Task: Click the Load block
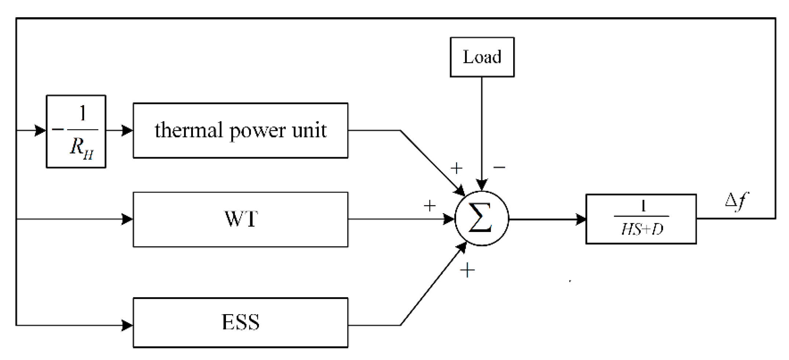click(x=482, y=57)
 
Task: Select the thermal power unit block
click(x=240, y=130)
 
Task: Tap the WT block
click(x=240, y=219)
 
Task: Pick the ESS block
click(x=240, y=322)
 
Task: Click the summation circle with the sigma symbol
click(x=481, y=218)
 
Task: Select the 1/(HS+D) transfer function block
click(x=641, y=219)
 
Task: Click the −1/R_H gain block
click(x=76, y=131)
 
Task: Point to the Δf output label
click(x=737, y=201)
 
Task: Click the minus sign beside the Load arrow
click(x=499, y=167)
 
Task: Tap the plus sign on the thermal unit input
click(x=456, y=168)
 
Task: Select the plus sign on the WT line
click(x=430, y=206)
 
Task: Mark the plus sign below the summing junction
click(x=467, y=270)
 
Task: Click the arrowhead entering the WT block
click(x=127, y=219)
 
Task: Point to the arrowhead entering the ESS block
click(x=127, y=325)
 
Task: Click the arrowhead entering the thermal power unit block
click(x=127, y=130)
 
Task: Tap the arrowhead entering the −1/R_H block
click(x=40, y=130)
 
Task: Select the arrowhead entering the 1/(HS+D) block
click(x=581, y=219)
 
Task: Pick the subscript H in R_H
click(x=88, y=154)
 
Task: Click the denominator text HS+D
click(x=642, y=230)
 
